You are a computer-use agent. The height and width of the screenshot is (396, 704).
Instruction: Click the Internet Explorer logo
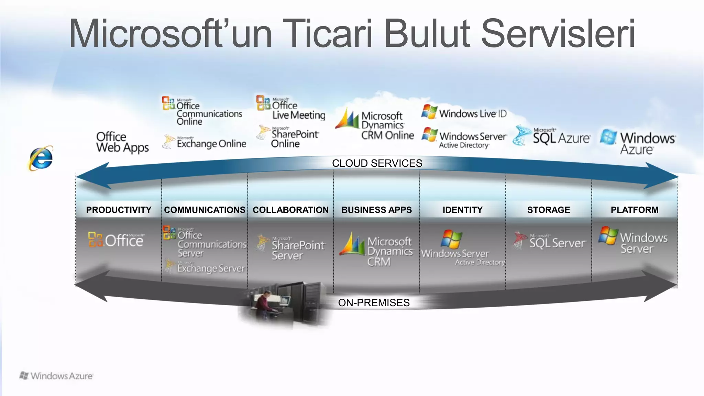[x=41, y=158]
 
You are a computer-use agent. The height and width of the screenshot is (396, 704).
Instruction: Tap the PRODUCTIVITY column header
[x=119, y=210]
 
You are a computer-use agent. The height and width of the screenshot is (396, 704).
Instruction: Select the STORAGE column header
[x=549, y=210]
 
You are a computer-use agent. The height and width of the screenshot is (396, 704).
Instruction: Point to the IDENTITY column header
[x=463, y=210]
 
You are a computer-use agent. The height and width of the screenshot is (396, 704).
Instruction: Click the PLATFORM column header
[x=635, y=210]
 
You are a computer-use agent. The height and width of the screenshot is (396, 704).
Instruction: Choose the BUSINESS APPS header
[x=376, y=210]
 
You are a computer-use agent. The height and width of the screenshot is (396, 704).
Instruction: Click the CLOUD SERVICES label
[x=377, y=163]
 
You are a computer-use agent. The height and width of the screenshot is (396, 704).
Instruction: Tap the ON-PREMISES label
[x=374, y=303]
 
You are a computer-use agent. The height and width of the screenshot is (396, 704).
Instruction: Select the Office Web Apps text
[x=122, y=142]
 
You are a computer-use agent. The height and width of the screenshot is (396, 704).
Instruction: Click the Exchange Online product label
[x=211, y=143]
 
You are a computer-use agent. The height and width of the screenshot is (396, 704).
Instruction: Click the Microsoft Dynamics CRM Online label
[x=387, y=125]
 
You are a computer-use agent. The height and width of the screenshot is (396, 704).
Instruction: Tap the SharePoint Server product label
[x=297, y=250]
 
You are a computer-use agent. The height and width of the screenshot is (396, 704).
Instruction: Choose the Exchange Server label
[x=210, y=268]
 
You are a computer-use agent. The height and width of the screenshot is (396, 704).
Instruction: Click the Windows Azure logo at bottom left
[x=56, y=376]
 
